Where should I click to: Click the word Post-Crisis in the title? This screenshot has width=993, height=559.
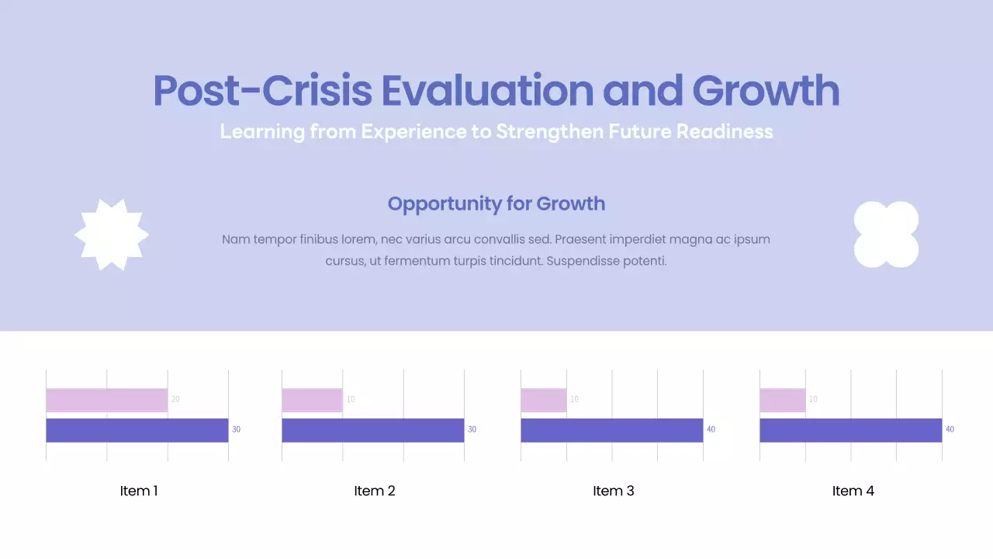tap(261, 91)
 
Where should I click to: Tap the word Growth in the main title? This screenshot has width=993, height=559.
tap(765, 91)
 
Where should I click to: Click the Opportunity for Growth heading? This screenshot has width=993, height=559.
tap(496, 203)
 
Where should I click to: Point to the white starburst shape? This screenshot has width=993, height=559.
tap(112, 234)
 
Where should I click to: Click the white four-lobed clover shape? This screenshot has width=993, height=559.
tap(886, 234)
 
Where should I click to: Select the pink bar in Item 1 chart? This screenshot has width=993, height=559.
tap(106, 400)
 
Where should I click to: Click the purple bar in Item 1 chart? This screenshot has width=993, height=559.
tap(137, 430)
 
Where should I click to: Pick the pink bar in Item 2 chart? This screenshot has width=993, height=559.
tap(312, 400)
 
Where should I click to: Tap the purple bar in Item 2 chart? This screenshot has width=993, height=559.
tap(372, 430)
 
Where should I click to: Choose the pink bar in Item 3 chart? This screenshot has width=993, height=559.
tap(543, 400)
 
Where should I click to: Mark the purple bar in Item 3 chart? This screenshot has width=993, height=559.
tap(611, 430)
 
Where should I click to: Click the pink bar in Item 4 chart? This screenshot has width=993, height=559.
tap(782, 400)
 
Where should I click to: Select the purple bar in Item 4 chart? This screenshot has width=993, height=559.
tap(850, 430)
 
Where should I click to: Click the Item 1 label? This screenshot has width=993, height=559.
tap(139, 491)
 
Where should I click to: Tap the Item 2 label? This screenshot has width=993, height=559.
tap(375, 491)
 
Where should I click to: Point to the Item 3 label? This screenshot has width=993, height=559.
tap(614, 491)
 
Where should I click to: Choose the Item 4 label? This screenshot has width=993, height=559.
tap(853, 491)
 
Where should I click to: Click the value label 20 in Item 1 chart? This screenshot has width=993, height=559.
tap(175, 399)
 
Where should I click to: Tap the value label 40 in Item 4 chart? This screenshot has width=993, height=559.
tap(950, 429)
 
